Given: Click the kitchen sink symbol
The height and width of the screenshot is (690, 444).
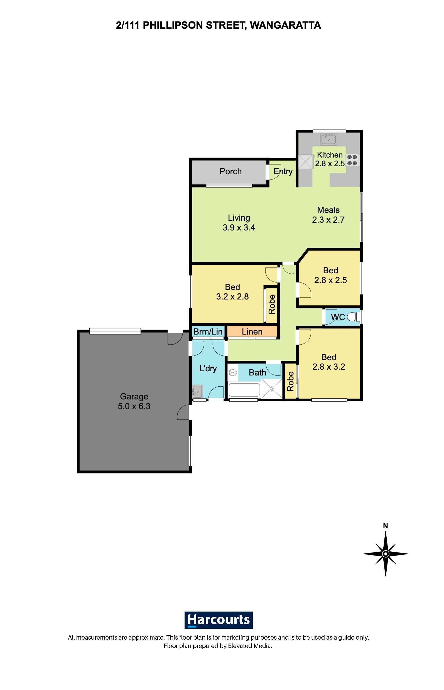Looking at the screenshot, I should point(329,139).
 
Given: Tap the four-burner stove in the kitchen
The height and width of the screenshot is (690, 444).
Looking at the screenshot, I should point(352,160).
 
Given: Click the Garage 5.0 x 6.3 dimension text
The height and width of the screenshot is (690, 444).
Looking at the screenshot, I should point(134,406).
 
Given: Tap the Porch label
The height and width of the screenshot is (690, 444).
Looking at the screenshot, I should point(230,171).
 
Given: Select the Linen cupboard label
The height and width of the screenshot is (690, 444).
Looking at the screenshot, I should point(252,332).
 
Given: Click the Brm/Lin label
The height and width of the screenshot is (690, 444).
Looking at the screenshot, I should point(208,332).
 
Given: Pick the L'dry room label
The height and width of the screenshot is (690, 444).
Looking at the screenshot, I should point(208,368).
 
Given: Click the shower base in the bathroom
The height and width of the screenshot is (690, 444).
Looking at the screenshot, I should point(272,389).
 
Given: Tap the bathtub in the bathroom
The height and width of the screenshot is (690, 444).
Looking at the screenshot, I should point(244,390).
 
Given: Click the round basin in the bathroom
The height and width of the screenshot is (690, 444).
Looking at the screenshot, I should point(233,373).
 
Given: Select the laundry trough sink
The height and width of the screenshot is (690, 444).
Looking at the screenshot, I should point(197,391).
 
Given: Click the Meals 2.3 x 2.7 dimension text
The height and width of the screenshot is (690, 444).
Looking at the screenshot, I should point(328,220).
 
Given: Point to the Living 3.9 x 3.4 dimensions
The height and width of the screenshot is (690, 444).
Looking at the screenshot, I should point(239,227).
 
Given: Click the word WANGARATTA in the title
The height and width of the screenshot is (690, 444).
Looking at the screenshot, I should point(285,25).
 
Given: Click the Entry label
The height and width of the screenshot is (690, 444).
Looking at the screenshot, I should point(283,171).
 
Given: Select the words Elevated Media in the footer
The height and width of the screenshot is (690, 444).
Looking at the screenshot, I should point(249,646).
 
